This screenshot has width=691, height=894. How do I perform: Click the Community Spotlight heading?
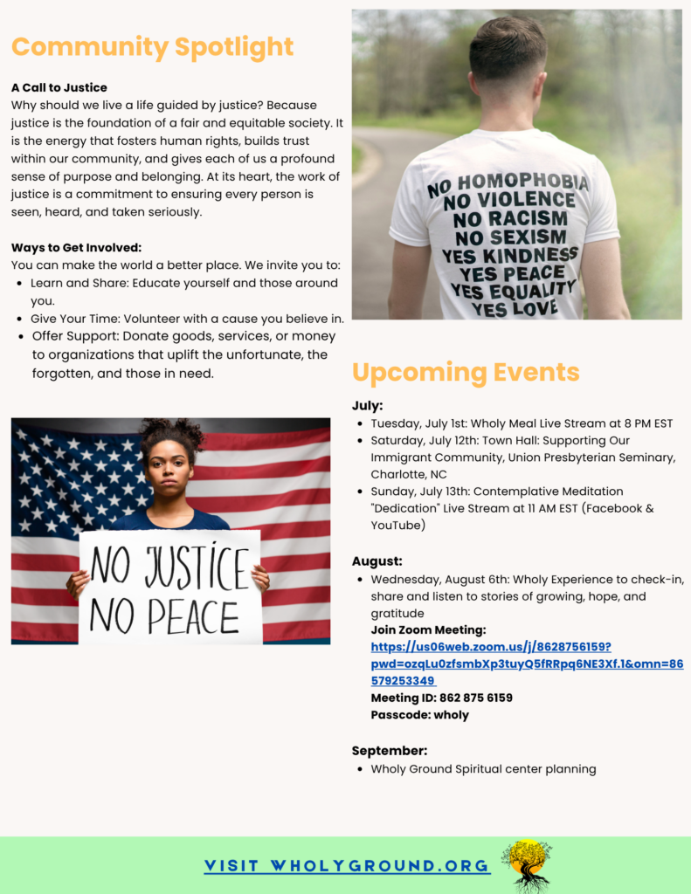pyautogui.click(x=152, y=46)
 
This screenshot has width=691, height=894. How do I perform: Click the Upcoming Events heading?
pyautogui.click(x=465, y=373)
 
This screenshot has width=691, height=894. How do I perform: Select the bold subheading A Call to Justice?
pyautogui.click(x=59, y=87)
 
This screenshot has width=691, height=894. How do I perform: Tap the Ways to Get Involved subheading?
pyautogui.click(x=76, y=248)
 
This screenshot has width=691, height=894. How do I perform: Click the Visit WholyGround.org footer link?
pyautogui.click(x=347, y=866)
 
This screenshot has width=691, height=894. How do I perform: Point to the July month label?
pyautogui.click(x=368, y=406)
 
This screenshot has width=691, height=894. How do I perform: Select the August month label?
pyautogui.click(x=377, y=561)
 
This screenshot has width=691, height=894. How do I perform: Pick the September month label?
pyautogui.click(x=390, y=751)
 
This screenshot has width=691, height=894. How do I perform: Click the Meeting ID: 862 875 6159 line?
pyautogui.click(x=441, y=698)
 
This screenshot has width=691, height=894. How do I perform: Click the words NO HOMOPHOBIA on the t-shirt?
pyautogui.click(x=507, y=183)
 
